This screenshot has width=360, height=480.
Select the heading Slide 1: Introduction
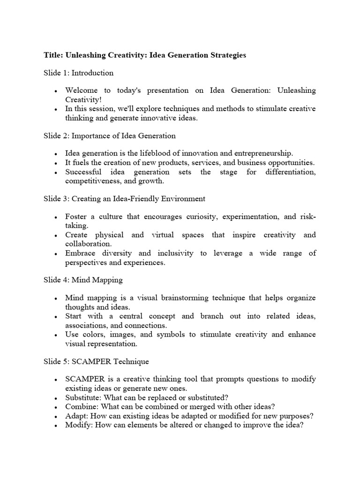(x=78, y=73)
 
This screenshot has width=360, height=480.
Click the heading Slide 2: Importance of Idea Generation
(x=110, y=136)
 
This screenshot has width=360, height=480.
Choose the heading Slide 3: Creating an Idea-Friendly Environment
(x=124, y=199)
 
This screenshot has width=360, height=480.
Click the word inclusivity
(x=175, y=253)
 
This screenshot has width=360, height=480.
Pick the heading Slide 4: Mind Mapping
(x=83, y=280)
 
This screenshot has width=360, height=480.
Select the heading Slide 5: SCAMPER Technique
(x=96, y=361)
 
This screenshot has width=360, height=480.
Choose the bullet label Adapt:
(x=75, y=416)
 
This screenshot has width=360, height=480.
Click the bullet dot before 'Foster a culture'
(x=56, y=217)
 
